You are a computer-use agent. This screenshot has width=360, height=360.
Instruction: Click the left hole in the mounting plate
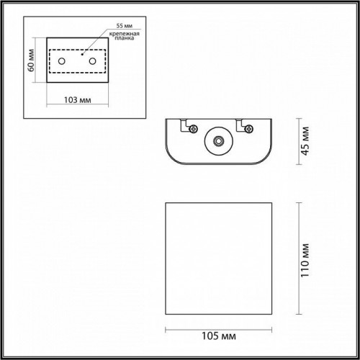pyautogui.click(x=62, y=62)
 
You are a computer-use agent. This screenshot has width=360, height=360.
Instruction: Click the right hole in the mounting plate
pyautogui.click(x=92, y=62)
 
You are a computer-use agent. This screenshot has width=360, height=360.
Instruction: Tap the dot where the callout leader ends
pyautogui.click(x=84, y=53)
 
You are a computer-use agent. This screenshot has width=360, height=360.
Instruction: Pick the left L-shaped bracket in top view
pyautogui.click(x=185, y=124)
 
